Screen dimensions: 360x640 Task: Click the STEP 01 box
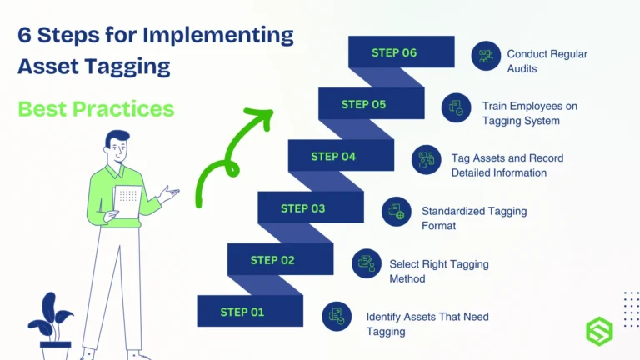[242, 312]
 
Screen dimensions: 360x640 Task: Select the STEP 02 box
[272, 260]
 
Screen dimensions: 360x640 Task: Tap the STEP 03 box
[303, 208]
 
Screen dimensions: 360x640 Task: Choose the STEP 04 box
[333, 156]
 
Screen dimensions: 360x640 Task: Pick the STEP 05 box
[364, 104]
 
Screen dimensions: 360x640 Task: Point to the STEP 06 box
[394, 52]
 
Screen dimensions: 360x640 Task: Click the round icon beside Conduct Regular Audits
[486, 57]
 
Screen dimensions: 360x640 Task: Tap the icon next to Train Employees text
[457, 108]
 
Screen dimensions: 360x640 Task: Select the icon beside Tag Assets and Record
[427, 160]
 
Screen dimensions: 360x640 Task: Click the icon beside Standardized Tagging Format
[397, 212]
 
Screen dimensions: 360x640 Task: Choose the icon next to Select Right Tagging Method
[367, 264]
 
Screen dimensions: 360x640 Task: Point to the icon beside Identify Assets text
[337, 316]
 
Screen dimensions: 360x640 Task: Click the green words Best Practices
[96, 108]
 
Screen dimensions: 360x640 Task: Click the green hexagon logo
[598, 329]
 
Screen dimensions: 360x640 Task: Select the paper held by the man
[127, 201]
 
